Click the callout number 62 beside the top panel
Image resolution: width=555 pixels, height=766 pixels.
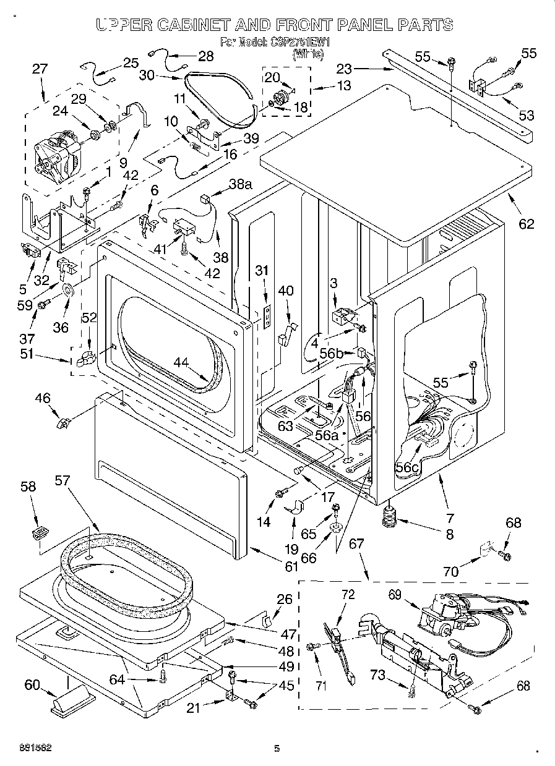pos(525,224)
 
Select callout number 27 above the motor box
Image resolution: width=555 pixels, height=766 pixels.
pos(39,69)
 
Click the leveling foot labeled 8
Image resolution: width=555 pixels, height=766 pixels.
pos(389,516)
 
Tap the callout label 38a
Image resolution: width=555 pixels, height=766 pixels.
pos(241,184)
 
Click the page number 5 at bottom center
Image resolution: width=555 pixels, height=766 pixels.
pos(277,749)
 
